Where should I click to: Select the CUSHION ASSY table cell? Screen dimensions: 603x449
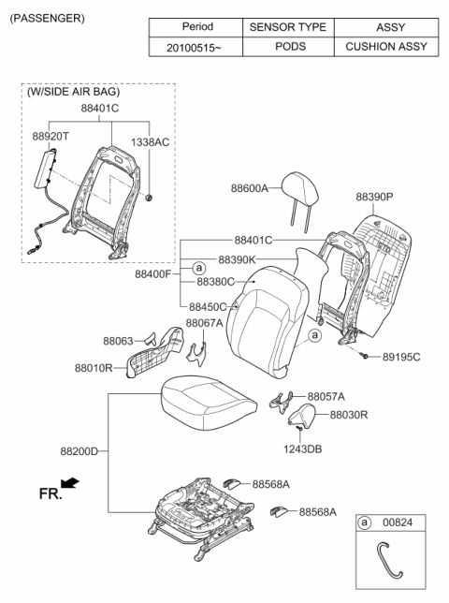click(x=384, y=46)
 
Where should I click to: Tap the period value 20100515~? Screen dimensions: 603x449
click(x=194, y=46)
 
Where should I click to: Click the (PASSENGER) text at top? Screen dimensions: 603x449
click(x=47, y=18)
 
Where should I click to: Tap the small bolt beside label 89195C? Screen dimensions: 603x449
click(x=361, y=357)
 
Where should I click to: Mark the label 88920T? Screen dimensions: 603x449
click(x=51, y=136)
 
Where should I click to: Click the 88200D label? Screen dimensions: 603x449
click(x=80, y=451)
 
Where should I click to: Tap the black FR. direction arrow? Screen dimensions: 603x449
click(x=69, y=484)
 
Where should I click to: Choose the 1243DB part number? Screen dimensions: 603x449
click(x=303, y=449)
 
